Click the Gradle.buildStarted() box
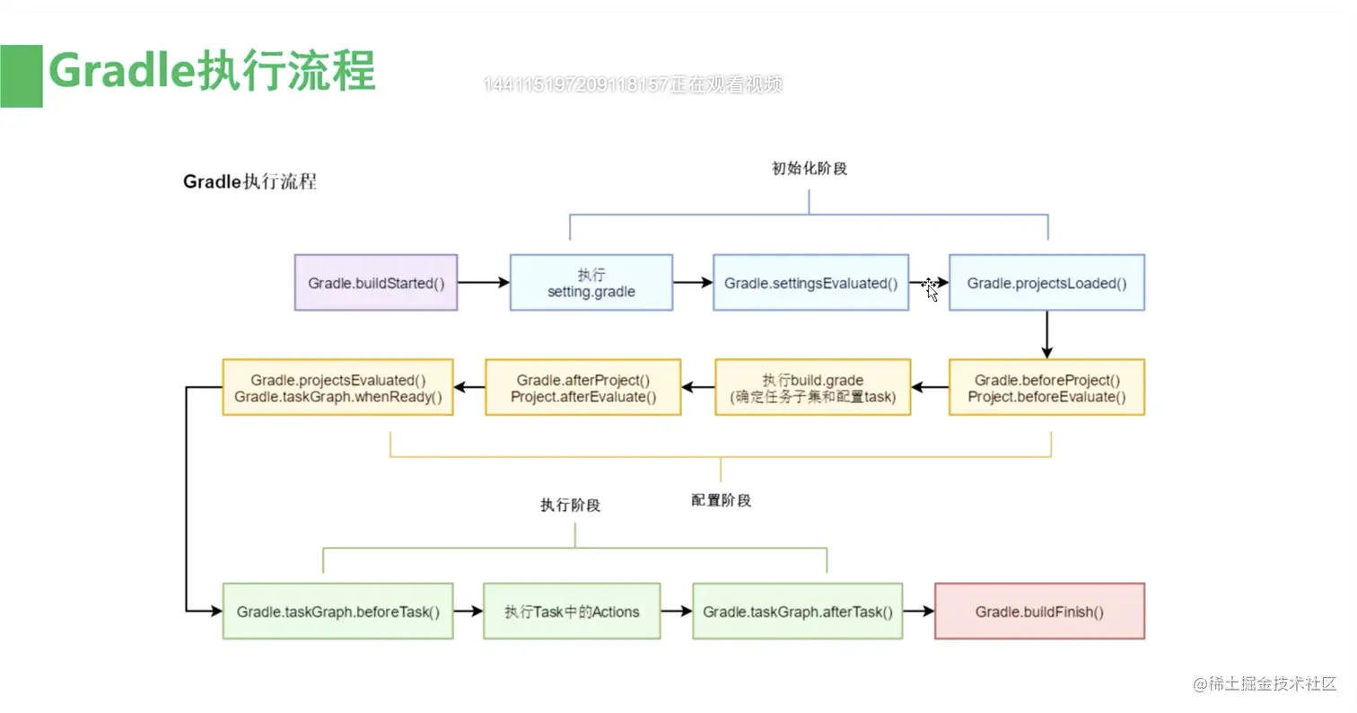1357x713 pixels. click(376, 283)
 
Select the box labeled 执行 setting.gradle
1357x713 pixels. click(591, 283)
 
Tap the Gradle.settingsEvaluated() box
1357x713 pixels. click(810, 283)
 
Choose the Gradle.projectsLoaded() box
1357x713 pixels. click(1046, 283)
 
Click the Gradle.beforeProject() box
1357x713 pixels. click(1046, 388)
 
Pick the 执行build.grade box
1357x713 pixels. click(813, 388)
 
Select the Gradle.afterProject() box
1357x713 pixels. click(583, 388)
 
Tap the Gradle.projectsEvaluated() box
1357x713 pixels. click(337, 388)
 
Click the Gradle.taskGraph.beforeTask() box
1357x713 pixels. click(337, 612)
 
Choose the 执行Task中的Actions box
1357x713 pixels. click(572, 612)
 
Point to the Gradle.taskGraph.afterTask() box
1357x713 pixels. click(798, 612)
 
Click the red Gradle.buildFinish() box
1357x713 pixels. click(1039, 612)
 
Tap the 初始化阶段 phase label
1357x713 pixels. click(809, 169)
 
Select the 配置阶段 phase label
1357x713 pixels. click(721, 500)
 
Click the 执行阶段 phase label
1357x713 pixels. click(570, 505)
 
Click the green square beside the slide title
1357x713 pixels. click(21, 76)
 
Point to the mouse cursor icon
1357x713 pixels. click(931, 289)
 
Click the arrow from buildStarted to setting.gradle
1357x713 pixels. click(483, 283)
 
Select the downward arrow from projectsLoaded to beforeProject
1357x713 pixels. click(1046, 335)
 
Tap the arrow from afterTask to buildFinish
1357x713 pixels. click(918, 612)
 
